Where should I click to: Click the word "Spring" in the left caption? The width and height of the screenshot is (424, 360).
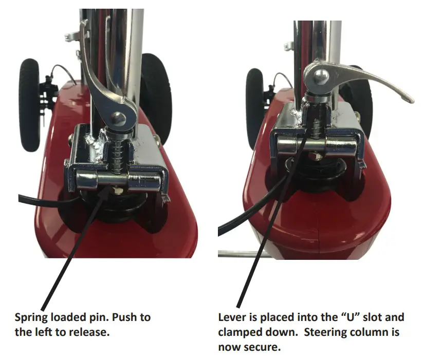pyautogui.click(x=32, y=317)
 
